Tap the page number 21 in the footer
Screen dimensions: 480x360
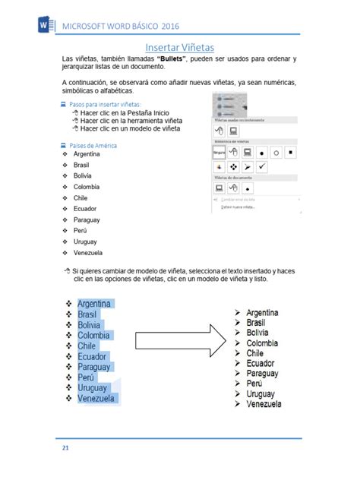pyautogui.click(x=66, y=449)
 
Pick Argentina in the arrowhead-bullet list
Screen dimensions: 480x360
pyautogui.click(x=262, y=312)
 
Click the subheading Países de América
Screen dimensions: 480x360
pyautogui.click(x=93, y=145)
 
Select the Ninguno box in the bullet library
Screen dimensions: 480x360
pyautogui.click(x=219, y=152)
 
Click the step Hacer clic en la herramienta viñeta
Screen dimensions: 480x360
pyautogui.click(x=130, y=120)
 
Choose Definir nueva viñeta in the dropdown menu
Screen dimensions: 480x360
pyautogui.click(x=238, y=206)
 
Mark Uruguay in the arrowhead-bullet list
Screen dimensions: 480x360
pyautogui.click(x=261, y=394)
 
